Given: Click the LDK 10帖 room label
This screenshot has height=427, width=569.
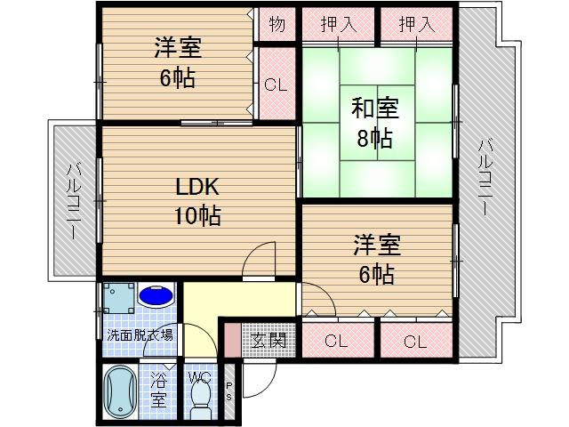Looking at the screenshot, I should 197,201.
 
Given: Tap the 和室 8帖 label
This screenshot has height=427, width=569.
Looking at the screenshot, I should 374,124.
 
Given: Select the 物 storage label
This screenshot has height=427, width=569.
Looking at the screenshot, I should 276,24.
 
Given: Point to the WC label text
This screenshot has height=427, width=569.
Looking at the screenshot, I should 201,377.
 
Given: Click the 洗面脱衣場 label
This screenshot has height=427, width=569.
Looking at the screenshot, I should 140,335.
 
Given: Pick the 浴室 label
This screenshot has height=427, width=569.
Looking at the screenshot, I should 158,388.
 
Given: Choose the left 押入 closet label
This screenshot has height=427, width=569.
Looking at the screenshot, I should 338,24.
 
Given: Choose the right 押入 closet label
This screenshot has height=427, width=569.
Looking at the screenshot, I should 416,24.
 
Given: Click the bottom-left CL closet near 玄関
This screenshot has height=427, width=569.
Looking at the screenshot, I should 335,340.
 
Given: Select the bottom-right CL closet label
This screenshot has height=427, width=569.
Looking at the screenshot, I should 415,340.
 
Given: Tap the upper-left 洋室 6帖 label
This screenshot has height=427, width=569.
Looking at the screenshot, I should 177,64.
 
